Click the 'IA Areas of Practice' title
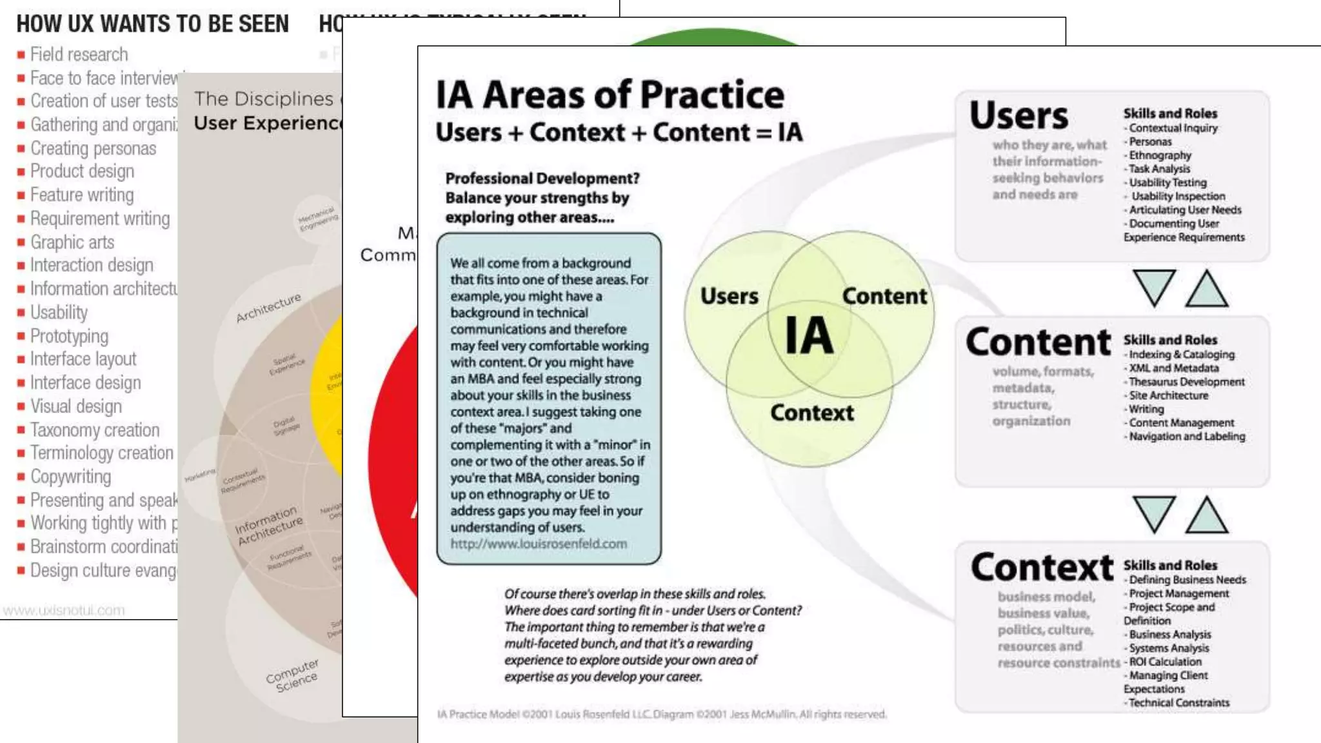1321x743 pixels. [x=610, y=95]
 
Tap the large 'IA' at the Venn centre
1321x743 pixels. [x=809, y=335]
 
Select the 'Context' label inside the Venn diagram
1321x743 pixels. [x=811, y=413]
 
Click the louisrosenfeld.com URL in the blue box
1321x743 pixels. [x=539, y=544]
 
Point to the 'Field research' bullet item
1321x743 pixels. [x=79, y=55]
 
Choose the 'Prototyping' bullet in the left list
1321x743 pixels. [x=69, y=336]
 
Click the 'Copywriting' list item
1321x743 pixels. [x=70, y=477]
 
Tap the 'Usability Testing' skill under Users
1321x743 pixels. [x=1167, y=183]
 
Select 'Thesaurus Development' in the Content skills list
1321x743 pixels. [x=1187, y=382]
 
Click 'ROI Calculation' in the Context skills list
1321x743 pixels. [x=1165, y=662]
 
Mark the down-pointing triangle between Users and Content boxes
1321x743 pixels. [x=1154, y=287]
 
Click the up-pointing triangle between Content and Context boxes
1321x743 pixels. [x=1207, y=515]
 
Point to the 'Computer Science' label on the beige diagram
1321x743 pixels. [x=293, y=675]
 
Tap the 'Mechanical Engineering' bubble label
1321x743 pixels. [x=317, y=219]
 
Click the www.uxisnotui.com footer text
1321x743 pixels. [x=64, y=610]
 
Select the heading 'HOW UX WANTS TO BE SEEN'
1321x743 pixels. [x=152, y=25]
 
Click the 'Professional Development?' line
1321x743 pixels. [x=542, y=179]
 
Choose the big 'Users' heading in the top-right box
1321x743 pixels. [x=1018, y=116]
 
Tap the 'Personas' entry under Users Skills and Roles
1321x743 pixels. [x=1150, y=142]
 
